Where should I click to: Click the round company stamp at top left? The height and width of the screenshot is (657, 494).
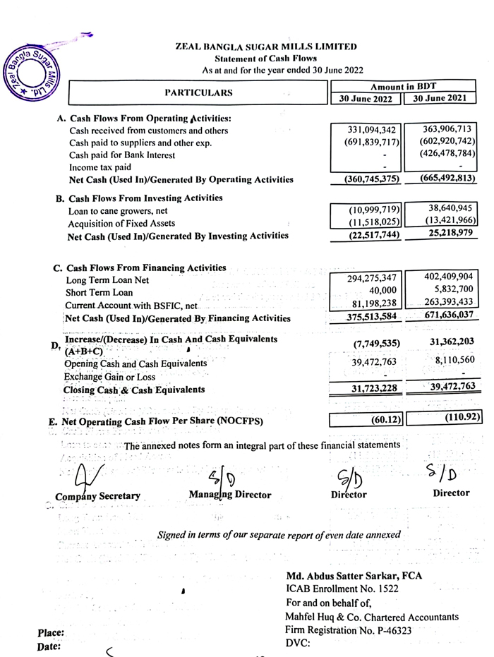[x=32, y=71]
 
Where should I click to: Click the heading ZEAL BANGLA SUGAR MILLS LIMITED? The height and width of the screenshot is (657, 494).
[x=266, y=47]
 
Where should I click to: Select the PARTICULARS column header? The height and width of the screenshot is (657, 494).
[x=198, y=92]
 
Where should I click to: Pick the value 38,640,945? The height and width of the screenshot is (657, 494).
[x=448, y=210]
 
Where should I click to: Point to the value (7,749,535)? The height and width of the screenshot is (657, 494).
[x=375, y=343]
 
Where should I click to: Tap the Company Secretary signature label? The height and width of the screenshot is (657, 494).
[x=98, y=496]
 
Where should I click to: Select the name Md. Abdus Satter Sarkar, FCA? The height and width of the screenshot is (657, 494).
[x=354, y=576]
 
